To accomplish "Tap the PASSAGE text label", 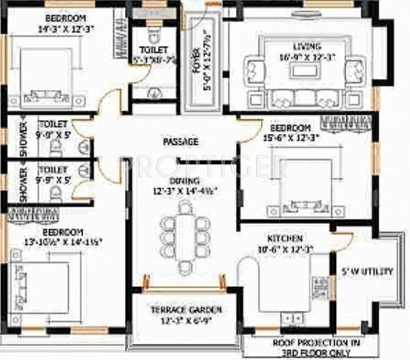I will pyautogui.click(x=181, y=141).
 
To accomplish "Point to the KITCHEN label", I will pyautogui.click(x=286, y=239).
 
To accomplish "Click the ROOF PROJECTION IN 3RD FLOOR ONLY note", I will pyautogui.click(x=316, y=346).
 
